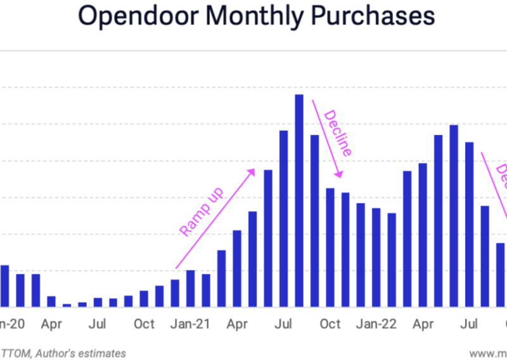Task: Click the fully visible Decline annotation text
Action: pyautogui.click(x=338, y=133)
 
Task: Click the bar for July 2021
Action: pyautogui.click(x=283, y=218)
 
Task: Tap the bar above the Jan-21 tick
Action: pyautogui.click(x=191, y=288)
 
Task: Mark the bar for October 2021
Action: pyautogui.click(x=330, y=247)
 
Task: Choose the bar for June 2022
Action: pyautogui.click(x=454, y=215)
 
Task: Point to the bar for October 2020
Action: pyautogui.click(x=144, y=299)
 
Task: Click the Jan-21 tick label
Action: pyautogui.click(x=191, y=324)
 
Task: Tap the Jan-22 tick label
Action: pyautogui.click(x=376, y=324)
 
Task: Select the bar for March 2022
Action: pyautogui.click(x=408, y=238)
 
